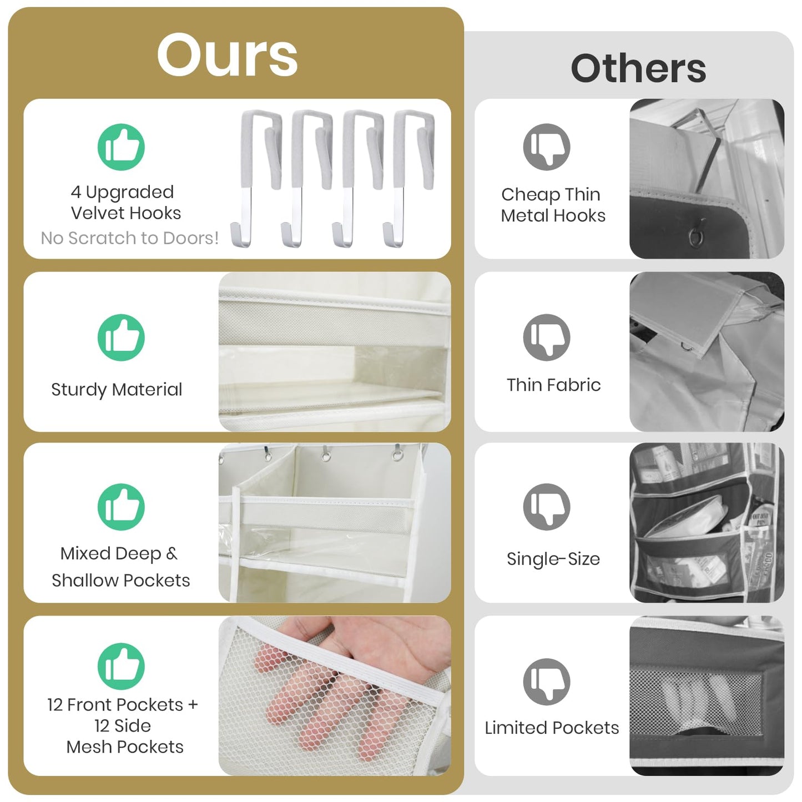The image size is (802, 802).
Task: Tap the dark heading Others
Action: coord(638,68)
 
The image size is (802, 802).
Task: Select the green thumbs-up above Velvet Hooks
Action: coord(121,147)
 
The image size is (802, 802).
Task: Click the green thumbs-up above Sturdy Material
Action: coord(121,337)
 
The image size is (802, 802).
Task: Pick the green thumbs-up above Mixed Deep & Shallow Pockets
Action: coord(121,507)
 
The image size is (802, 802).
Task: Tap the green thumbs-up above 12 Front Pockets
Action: coord(121,667)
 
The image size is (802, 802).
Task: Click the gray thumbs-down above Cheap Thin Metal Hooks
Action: coord(547,147)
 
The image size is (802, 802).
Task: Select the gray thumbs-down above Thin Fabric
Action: coord(547,337)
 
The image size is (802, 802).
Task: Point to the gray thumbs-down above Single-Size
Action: coord(547,507)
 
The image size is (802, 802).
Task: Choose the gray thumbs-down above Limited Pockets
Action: coord(547,682)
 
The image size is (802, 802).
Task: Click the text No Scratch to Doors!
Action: coord(129,238)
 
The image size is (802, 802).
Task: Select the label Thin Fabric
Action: coord(553,385)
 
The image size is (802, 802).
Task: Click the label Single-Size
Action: coord(553,559)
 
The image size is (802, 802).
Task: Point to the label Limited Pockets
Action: coord(552,728)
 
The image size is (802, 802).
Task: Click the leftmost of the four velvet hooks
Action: coord(255,179)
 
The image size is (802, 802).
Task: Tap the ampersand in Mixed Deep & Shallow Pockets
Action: coord(172,553)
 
